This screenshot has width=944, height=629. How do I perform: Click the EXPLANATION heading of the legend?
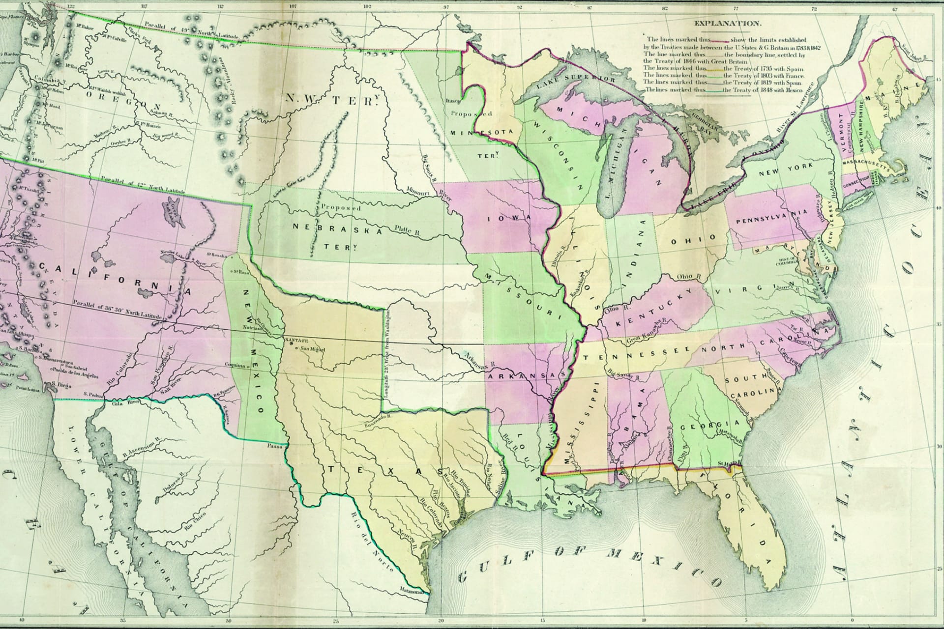coord(727,23)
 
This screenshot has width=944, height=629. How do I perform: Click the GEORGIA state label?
coord(710,425)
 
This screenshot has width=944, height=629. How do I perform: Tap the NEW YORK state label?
coord(783,170)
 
